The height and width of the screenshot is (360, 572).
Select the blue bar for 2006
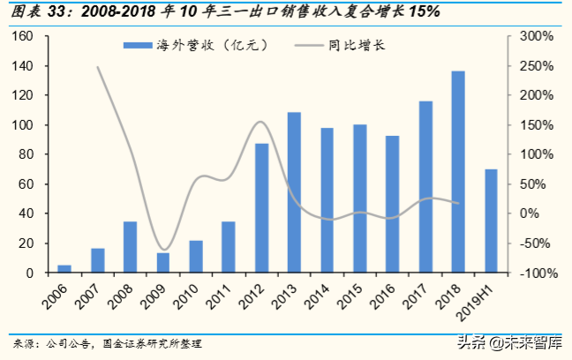point(64,268)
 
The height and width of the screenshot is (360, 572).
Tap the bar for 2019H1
point(491,221)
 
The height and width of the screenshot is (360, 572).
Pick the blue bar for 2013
point(294,192)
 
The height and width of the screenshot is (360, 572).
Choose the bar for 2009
point(163,263)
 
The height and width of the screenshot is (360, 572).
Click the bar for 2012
point(261,208)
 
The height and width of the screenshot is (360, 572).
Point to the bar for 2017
point(425,187)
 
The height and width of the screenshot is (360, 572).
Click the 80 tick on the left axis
point(26,154)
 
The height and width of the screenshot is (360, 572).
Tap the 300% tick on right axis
point(535,36)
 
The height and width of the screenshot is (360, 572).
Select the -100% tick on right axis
point(535,273)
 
